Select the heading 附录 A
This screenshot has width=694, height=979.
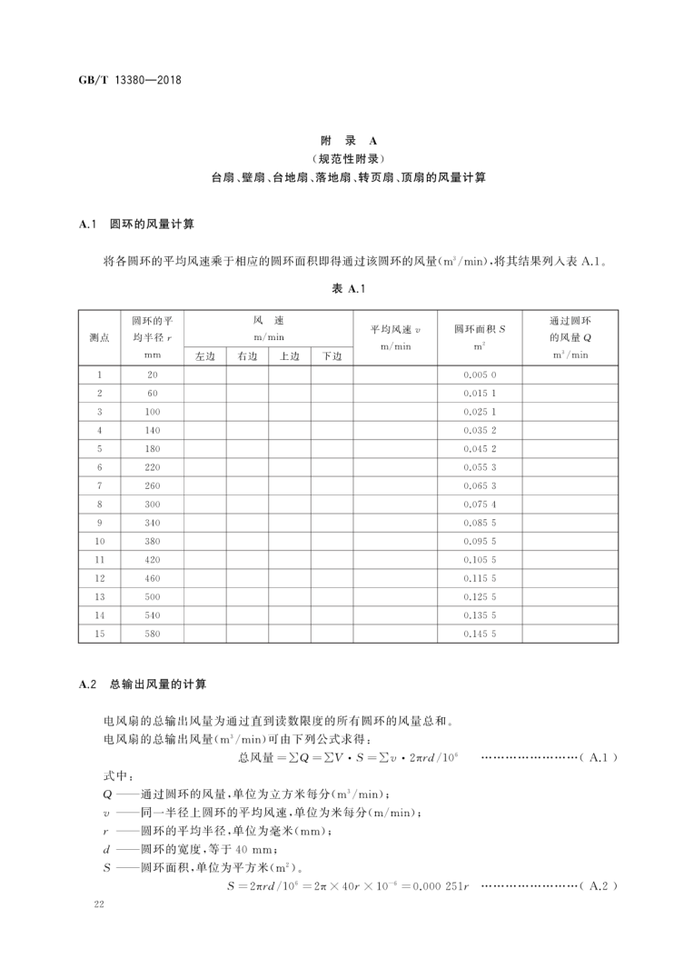point(348,142)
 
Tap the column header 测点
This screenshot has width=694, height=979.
point(100,337)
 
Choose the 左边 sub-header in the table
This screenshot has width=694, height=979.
point(205,355)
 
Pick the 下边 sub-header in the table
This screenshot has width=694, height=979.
point(332,355)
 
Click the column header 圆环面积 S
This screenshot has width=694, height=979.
point(480,328)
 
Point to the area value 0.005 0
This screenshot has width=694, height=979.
point(480,375)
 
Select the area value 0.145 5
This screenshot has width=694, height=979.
point(480,634)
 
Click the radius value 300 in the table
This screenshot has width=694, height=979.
point(152,504)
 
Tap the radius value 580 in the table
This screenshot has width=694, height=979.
point(152,634)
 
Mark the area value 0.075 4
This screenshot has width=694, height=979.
point(480,504)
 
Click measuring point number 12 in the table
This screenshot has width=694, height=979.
point(100,578)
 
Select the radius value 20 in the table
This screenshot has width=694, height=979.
point(152,375)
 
